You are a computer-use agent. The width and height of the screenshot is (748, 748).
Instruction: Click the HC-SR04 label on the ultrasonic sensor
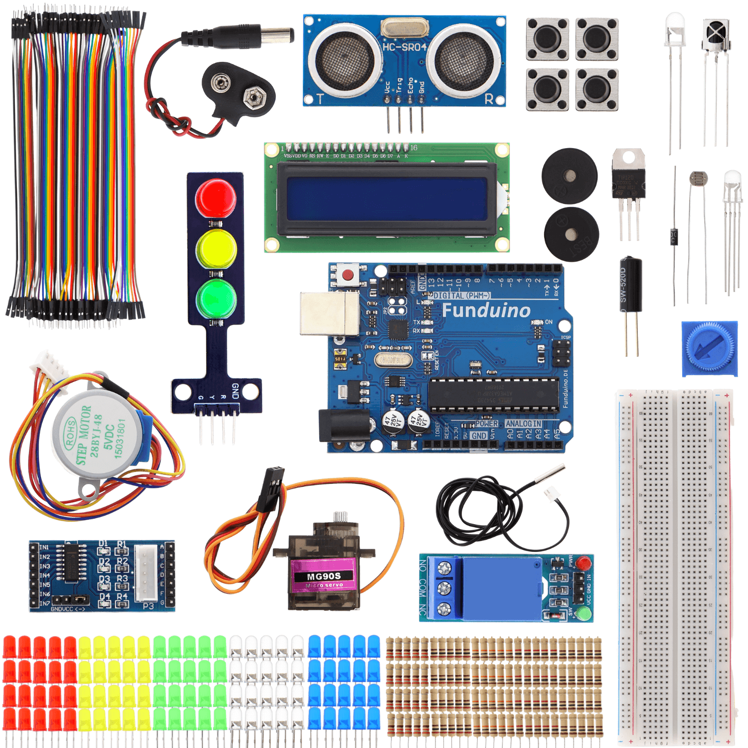tap(404, 47)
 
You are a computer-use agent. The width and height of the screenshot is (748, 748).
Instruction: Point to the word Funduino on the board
tap(486, 310)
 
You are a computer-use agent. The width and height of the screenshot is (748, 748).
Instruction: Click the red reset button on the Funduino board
tap(348, 275)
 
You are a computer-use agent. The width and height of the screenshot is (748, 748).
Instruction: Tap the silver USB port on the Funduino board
tap(329, 313)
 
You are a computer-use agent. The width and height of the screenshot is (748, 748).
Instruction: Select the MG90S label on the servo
tap(324, 576)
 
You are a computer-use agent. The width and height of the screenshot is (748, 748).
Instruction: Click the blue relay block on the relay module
tap(501, 588)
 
